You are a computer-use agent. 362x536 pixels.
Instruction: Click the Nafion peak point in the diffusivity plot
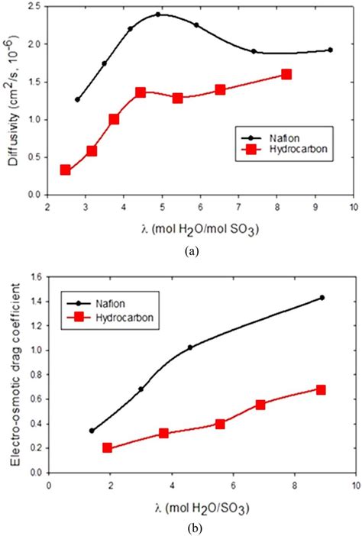(158, 15)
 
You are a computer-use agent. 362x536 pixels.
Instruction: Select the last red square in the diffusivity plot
(286, 74)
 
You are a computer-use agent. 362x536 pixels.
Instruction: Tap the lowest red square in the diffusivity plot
(66, 170)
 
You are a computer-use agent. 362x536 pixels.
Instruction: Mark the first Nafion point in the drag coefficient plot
(92, 431)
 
